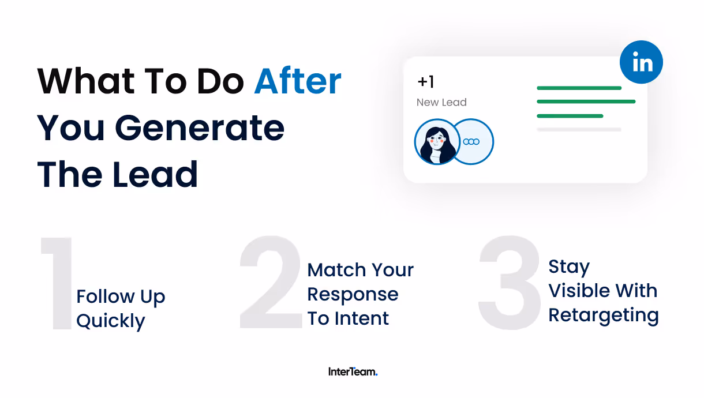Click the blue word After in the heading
click(298, 81)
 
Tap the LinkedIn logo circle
click(641, 62)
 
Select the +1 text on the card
click(426, 82)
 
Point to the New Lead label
click(441, 103)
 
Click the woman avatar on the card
click(437, 142)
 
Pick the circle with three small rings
click(471, 142)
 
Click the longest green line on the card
click(586, 102)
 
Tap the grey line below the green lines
click(579, 130)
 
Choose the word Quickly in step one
click(111, 321)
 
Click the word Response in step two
click(353, 295)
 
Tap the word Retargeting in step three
click(604, 316)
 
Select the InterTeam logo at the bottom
click(353, 372)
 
